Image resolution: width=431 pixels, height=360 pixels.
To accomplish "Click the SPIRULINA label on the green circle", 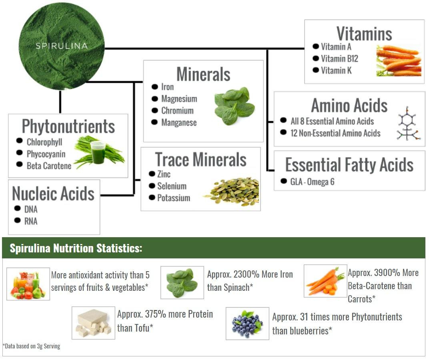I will click(x=61, y=46).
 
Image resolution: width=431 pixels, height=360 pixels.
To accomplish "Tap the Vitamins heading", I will click(x=364, y=34).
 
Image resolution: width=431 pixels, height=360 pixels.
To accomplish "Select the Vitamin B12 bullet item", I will click(x=339, y=59).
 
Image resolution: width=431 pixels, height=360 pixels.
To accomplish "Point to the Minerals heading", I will click(x=203, y=74).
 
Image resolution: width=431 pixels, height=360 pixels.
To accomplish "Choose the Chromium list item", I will click(x=177, y=111).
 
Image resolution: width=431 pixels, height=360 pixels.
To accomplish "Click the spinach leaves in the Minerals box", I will click(x=234, y=106).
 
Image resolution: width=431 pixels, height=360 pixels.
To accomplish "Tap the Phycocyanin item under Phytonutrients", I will click(x=46, y=154).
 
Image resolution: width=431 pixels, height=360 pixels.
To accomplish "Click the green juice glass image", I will click(x=98, y=152).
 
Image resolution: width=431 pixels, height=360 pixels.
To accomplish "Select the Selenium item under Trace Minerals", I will click(x=172, y=186).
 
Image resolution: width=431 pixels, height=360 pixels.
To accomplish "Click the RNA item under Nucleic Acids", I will click(x=31, y=221).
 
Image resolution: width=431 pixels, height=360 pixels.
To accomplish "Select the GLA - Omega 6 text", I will click(x=312, y=182).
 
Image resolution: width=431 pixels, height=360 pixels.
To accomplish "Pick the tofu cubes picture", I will click(x=93, y=323).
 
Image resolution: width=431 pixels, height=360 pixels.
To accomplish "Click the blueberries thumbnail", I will click(x=247, y=323).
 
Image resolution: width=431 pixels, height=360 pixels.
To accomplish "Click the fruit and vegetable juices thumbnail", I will click(x=28, y=284).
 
